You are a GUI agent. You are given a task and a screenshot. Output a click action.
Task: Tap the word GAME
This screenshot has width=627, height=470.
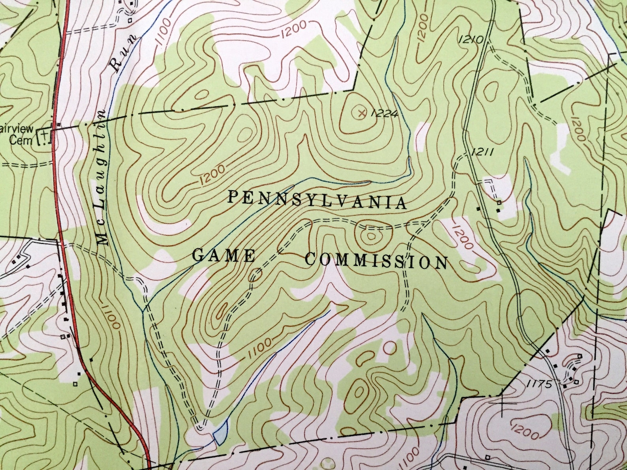tap(223, 256)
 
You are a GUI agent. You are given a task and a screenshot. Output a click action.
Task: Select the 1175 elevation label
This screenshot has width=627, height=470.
tap(539, 384)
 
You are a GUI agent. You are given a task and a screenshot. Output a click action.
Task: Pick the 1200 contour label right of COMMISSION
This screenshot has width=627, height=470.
tap(461, 237)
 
